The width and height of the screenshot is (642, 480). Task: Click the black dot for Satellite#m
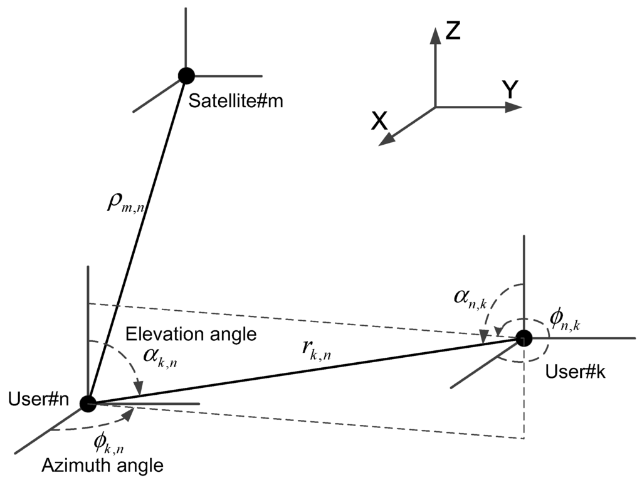(x=186, y=76)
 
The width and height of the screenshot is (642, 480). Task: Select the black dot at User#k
(x=524, y=338)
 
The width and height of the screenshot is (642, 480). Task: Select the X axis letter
(x=379, y=121)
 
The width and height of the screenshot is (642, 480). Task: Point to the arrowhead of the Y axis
(x=513, y=107)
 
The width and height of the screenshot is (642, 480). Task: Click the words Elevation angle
(x=191, y=334)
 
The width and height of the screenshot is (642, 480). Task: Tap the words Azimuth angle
(x=103, y=466)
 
